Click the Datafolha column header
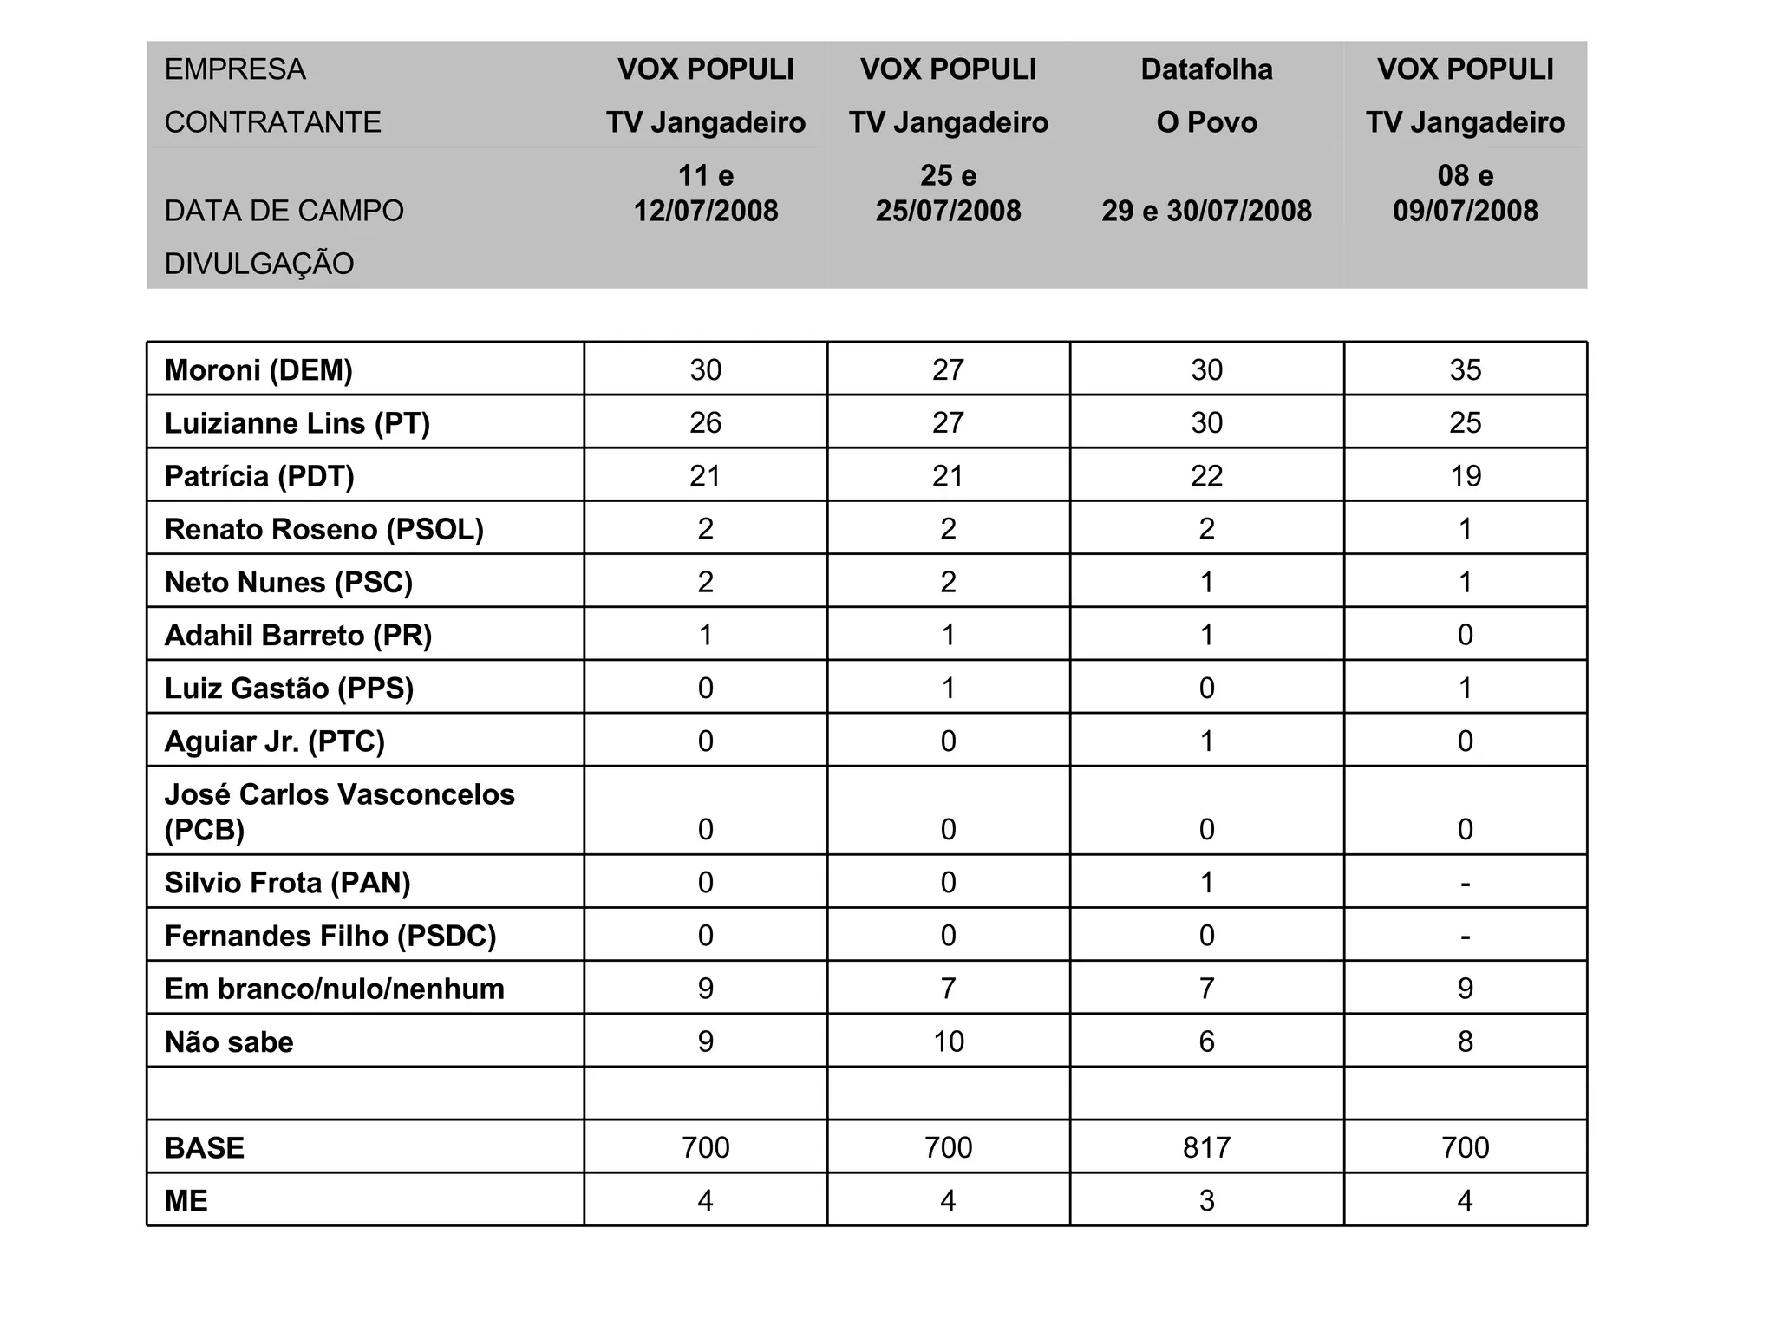[1206, 69]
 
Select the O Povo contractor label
[1206, 122]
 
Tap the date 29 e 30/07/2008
[1206, 211]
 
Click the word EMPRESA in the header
[235, 69]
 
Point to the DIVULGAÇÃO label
[259, 264]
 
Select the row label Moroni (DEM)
[258, 370]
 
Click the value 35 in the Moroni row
[1465, 370]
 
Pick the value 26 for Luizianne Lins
[705, 423]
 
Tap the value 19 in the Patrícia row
[1465, 476]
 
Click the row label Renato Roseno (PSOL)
[323, 529]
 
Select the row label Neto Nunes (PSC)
[288, 582]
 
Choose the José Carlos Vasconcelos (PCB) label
[339, 812]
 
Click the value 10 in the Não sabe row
[948, 1041]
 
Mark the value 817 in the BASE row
[1206, 1148]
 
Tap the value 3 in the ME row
[1206, 1201]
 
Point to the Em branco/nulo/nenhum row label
[334, 989]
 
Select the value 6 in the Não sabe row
[1206, 1041]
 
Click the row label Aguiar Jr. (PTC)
[274, 741]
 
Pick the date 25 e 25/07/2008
[948, 193]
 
